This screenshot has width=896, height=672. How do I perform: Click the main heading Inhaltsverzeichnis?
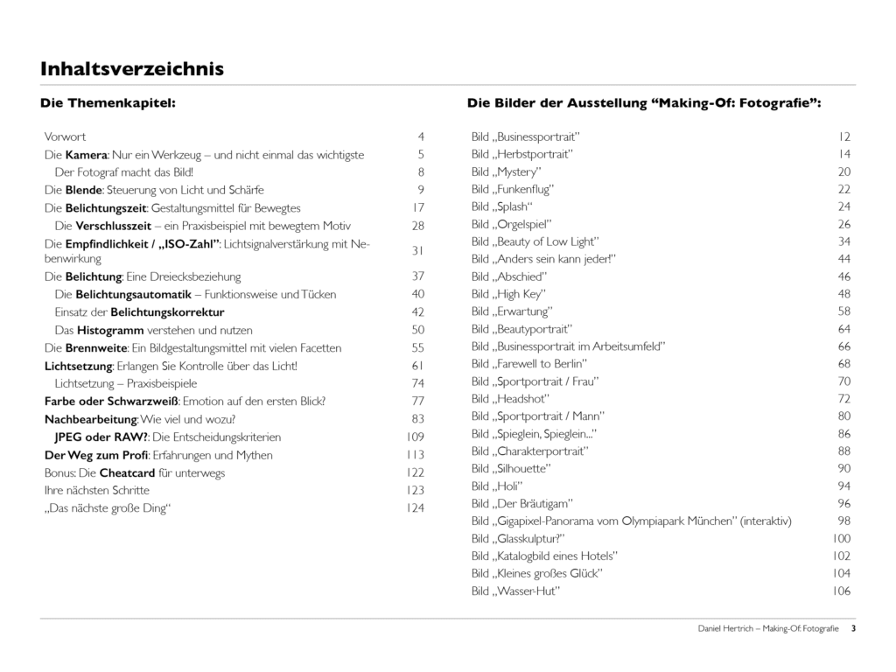coord(132,68)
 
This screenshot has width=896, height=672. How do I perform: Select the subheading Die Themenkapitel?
coord(108,102)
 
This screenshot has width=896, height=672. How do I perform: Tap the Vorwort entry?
coord(65,136)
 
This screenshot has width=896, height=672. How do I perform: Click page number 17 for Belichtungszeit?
coord(418,207)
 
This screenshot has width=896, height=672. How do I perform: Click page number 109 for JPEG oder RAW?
coord(415,437)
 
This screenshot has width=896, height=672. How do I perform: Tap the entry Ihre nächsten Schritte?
coord(97,490)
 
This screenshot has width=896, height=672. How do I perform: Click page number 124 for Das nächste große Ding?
coord(415,507)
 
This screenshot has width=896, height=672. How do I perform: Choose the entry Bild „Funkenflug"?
coord(513,189)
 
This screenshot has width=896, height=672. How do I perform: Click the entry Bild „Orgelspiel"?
coord(512,224)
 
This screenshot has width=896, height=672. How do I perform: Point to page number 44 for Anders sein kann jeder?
coord(844,259)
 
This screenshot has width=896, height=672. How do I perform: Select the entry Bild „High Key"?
coord(508,294)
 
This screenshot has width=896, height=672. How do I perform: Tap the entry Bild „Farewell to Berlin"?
coord(529,363)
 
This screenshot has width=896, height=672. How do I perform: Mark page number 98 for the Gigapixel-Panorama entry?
coord(844,521)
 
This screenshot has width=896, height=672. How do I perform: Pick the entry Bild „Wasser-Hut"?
coord(515,591)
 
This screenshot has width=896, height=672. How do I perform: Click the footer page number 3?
coord(853,628)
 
